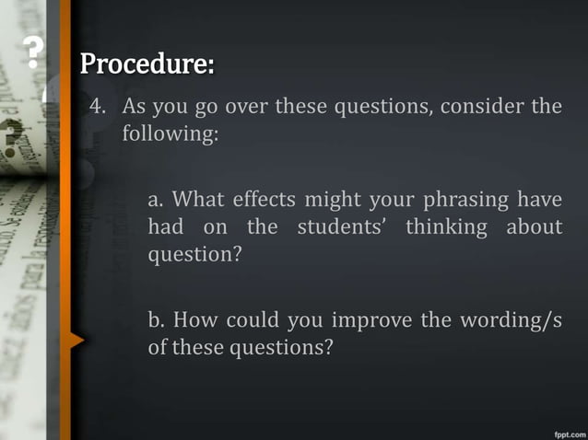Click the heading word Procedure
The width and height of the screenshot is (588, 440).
[147, 65]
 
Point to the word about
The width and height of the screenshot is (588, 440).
[534, 226]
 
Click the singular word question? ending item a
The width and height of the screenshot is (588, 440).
[194, 254]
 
